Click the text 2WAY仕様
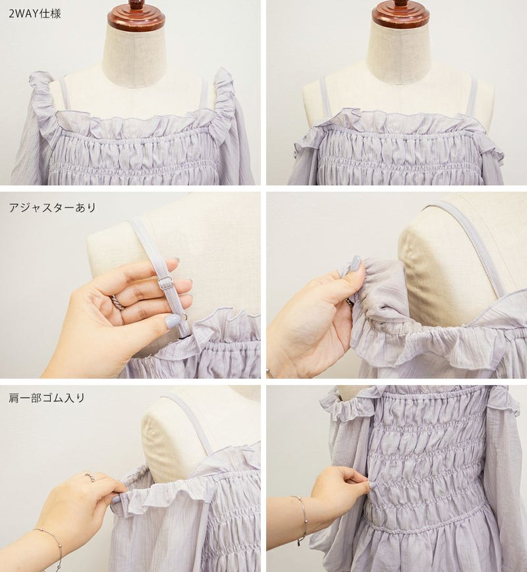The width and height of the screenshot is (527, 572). point(34,14)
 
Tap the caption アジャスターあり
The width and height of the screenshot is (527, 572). point(52,207)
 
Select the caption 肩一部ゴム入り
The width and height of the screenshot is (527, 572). point(47,398)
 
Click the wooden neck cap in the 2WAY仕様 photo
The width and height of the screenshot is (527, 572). point(136,15)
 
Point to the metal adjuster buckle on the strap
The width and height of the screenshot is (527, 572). point(165,283)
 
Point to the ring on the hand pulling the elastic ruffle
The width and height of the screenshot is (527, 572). point(90,477)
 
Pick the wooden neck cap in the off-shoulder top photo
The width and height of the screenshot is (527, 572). point(401,15)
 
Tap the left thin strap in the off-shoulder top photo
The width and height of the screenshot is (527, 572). point(327,95)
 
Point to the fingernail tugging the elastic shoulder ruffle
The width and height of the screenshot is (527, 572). point(116,499)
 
